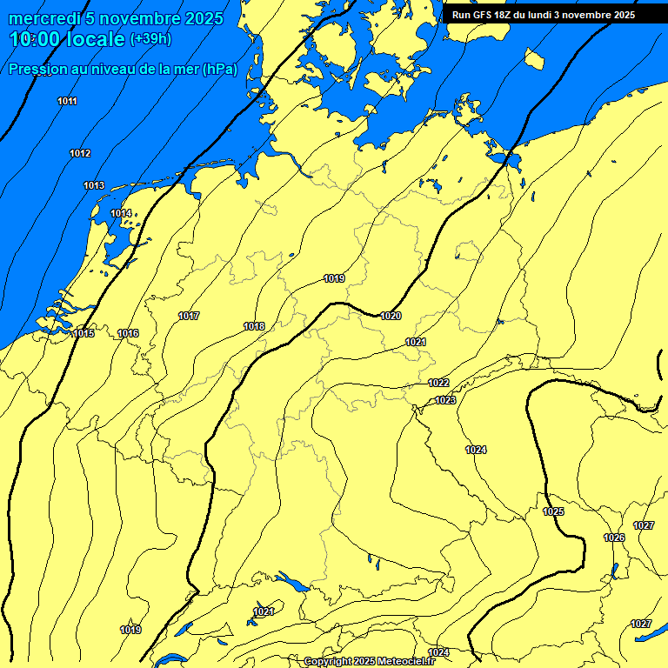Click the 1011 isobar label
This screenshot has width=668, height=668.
click(67, 102)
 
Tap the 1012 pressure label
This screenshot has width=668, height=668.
click(80, 154)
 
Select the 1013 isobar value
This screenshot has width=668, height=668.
click(94, 186)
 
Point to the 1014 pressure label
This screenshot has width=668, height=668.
click(121, 214)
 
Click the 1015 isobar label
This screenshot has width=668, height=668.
click(83, 334)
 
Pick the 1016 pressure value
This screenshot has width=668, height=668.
click(128, 334)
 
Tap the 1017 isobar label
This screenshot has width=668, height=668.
click(189, 316)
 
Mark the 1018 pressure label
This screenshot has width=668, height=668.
click(254, 327)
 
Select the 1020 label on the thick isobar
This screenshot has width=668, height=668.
click(391, 316)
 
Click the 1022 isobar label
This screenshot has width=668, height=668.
click(438, 384)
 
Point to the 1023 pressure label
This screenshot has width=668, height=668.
click(445, 400)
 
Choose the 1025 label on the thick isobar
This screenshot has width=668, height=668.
click(553, 511)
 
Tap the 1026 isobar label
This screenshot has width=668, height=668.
click(614, 538)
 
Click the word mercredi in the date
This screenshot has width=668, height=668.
click(41, 17)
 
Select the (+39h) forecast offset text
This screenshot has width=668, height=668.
click(150, 39)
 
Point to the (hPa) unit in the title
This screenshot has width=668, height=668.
click(220, 70)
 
